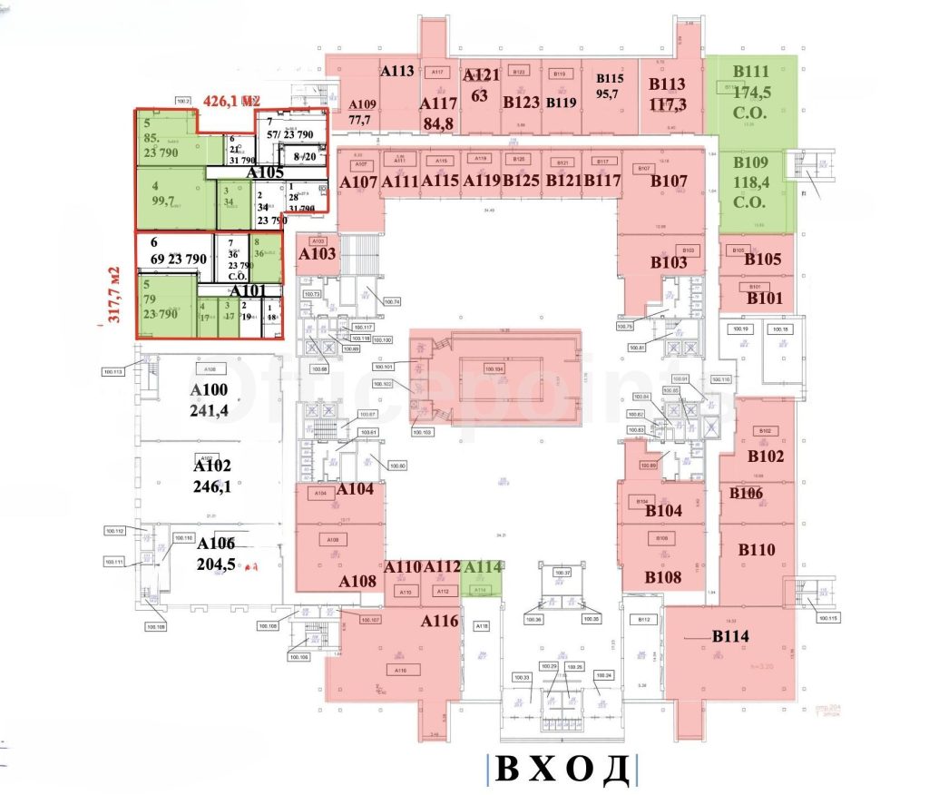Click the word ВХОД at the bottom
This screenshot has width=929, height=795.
click(x=562, y=769)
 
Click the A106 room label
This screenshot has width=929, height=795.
click(x=215, y=543)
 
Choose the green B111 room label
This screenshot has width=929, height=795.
click(x=751, y=72)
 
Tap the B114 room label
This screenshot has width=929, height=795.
click(x=730, y=636)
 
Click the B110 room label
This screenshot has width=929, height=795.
click(x=756, y=549)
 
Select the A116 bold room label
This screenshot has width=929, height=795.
click(x=439, y=622)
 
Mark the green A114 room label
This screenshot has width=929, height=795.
click(x=482, y=567)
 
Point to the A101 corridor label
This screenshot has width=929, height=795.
click(x=247, y=290)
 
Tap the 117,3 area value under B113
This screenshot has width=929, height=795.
click(x=668, y=104)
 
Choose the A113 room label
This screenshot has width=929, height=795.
click(x=397, y=71)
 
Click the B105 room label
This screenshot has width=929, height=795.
click(x=763, y=260)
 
